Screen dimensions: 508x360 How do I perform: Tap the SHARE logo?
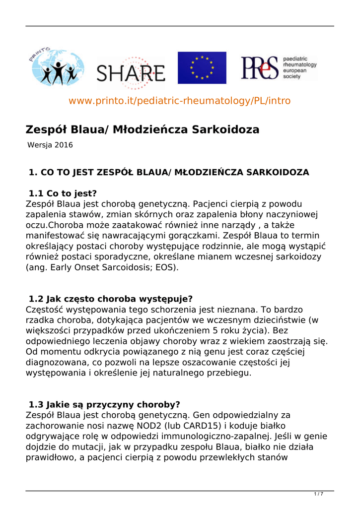coord(131,74)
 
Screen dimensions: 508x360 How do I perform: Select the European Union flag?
coord(202,67)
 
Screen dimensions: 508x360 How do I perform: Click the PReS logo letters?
coord(260,68)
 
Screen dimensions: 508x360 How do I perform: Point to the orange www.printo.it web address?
coord(179,101)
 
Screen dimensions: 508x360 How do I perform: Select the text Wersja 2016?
coord(50,145)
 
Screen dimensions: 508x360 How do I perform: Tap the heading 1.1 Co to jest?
coord(63,193)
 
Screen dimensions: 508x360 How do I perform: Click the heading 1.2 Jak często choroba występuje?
coord(110,299)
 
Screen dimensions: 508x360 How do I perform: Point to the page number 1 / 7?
coord(319,494)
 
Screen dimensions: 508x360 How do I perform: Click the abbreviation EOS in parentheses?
coord(167,267)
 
